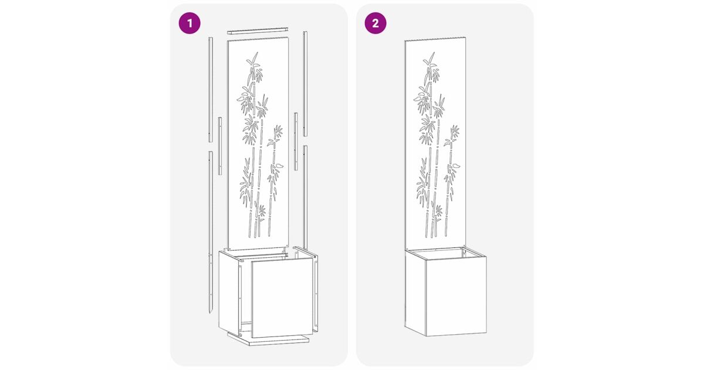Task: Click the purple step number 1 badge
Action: [x=189, y=23]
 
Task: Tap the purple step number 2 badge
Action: [x=375, y=23]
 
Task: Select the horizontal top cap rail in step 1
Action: [x=258, y=31]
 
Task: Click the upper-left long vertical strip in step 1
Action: [x=210, y=89]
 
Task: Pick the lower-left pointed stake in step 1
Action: [x=211, y=232]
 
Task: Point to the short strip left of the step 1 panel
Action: [x=220, y=146]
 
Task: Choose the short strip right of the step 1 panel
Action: [x=296, y=142]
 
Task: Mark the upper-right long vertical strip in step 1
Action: [x=305, y=83]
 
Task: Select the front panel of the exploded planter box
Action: [x=282, y=298]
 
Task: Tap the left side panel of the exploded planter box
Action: [x=229, y=292]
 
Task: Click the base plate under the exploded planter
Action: [x=269, y=339]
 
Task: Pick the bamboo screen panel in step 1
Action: [x=258, y=143]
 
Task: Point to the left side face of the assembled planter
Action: [x=415, y=292]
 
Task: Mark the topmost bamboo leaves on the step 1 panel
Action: [x=254, y=60]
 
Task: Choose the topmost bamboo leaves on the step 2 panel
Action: [x=431, y=60]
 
